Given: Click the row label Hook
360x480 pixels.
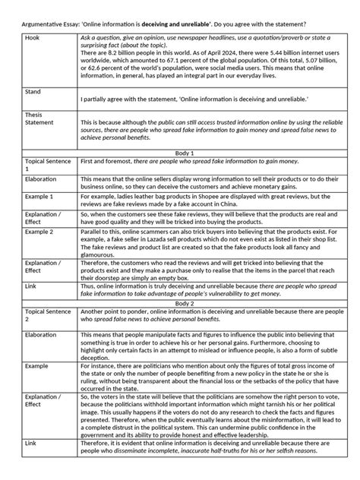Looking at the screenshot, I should (33, 37).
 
